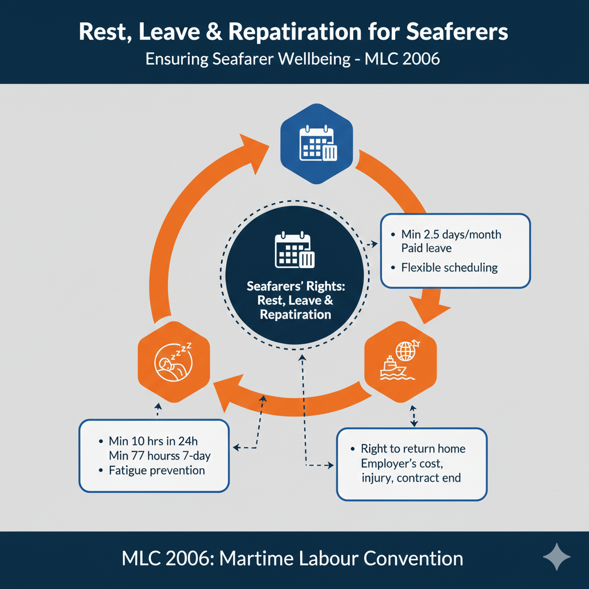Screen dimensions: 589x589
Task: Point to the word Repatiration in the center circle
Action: point(295,315)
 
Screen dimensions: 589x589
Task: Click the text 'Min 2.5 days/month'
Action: point(451,235)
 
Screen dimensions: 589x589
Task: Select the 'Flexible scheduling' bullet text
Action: point(449,267)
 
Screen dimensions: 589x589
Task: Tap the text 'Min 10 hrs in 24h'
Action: point(152,442)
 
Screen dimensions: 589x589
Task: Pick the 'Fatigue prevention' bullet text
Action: point(156,471)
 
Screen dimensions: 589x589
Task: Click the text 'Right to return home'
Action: point(413,449)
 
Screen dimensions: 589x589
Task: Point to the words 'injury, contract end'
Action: point(411,477)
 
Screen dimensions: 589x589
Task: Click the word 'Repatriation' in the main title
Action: point(299,32)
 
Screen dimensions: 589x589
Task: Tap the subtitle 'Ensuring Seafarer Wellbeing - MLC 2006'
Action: point(293,59)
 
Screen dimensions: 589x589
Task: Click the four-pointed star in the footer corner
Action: point(556,557)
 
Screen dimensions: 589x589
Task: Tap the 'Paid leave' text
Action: point(426,248)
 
